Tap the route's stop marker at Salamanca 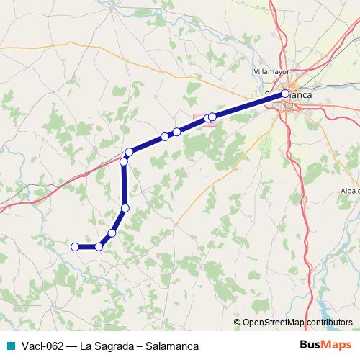point(285,94)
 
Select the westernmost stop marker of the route point(74,247)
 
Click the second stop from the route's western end point(99,247)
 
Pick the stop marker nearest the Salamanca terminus point(212,117)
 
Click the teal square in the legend point(10,346)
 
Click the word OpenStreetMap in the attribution point(274,323)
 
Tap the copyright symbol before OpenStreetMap point(238,323)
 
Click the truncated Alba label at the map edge point(350,190)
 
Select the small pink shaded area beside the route point(203,120)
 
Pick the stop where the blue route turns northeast point(130,152)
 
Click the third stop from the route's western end point(112,233)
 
